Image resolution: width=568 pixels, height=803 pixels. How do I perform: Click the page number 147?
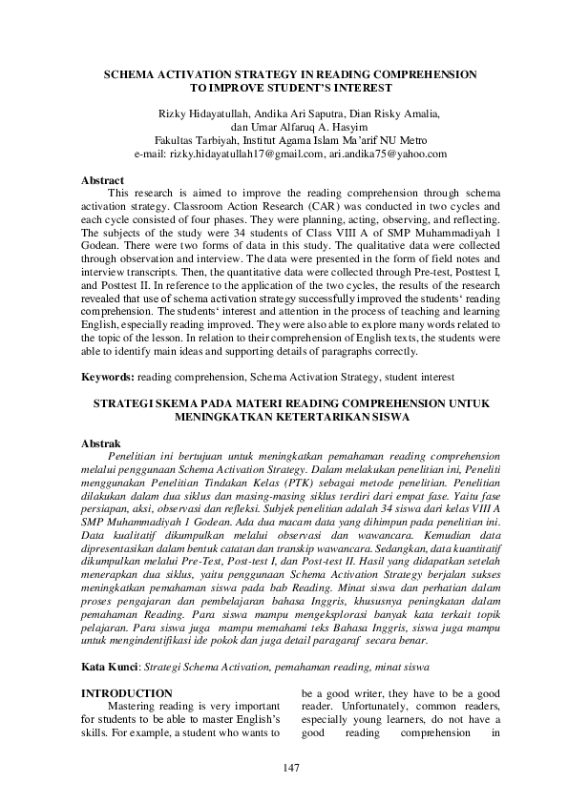pos(291,769)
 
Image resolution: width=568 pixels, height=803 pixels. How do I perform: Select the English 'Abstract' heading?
pos(103,179)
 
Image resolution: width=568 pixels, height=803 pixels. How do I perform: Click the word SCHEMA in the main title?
pos(134,72)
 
